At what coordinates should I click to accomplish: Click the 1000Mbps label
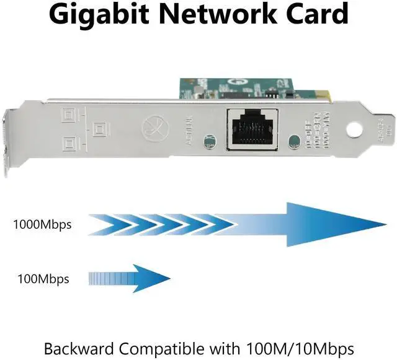[42, 224]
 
